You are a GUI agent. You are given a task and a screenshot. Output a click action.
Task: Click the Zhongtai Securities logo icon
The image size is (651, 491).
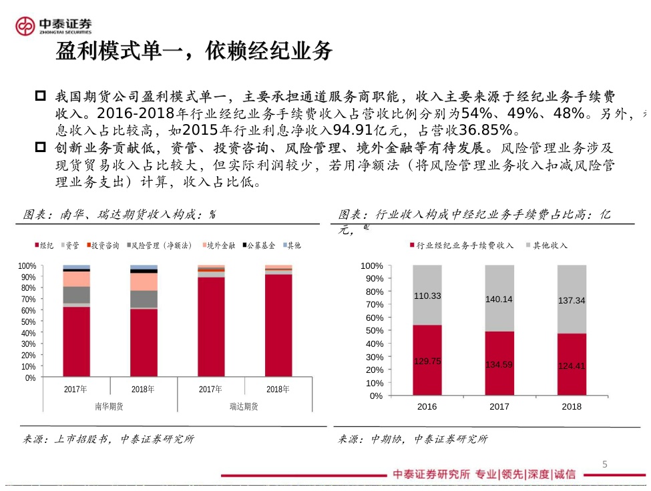(25, 26)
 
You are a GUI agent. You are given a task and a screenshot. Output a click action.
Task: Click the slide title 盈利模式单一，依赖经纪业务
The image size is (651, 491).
(194, 51)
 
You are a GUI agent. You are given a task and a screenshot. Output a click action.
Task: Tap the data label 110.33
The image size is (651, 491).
(427, 296)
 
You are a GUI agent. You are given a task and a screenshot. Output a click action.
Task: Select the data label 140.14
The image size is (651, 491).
(499, 299)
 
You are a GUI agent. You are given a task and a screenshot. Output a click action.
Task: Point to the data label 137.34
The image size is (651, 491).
(571, 301)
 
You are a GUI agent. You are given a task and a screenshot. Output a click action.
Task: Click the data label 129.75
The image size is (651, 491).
(427, 361)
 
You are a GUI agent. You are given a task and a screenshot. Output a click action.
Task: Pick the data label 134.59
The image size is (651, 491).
(499, 364)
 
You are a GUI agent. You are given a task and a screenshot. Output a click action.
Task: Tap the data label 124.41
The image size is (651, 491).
(571, 366)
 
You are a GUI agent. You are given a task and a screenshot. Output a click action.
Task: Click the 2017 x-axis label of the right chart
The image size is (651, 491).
(499, 406)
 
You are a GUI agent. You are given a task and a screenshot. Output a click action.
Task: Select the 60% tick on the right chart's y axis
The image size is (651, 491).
(372, 318)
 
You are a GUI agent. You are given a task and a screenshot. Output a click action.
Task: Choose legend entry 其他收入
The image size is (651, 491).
(550, 246)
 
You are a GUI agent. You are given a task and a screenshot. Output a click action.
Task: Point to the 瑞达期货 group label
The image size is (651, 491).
(244, 406)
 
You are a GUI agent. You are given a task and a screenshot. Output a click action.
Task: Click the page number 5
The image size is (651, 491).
(605, 464)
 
